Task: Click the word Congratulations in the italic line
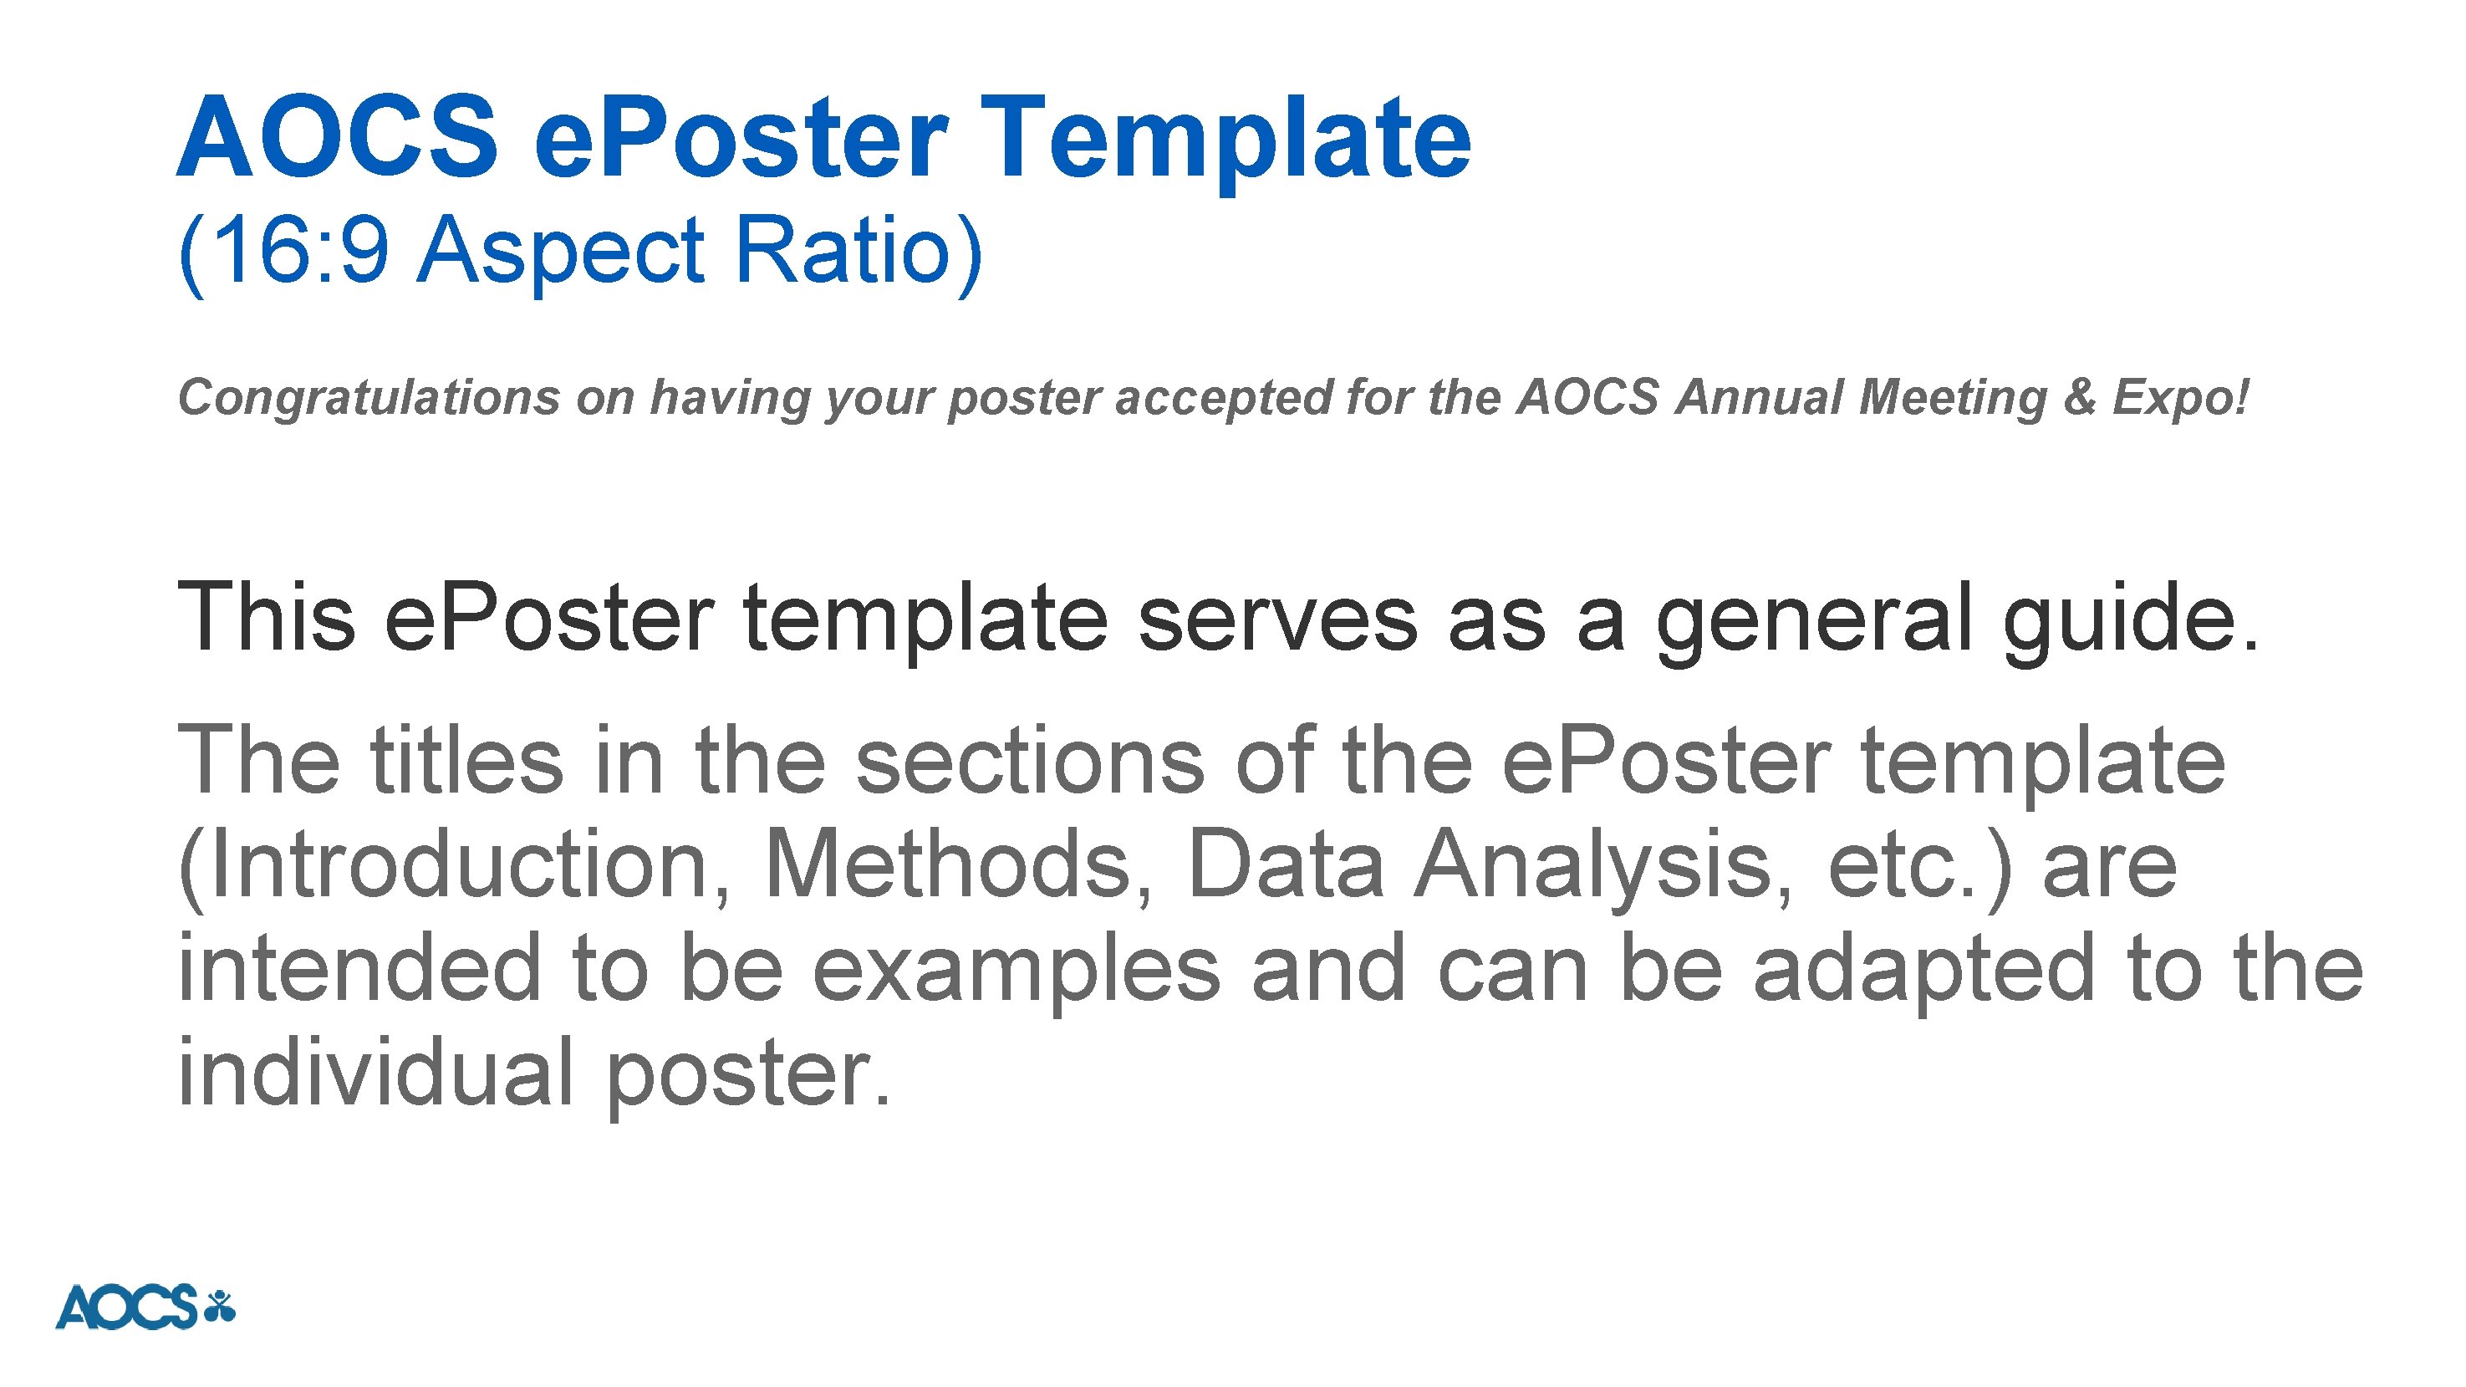pyautogui.click(x=369, y=398)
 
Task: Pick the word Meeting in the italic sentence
pyautogui.click(x=1952, y=398)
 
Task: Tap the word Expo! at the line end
pyautogui.click(x=2180, y=398)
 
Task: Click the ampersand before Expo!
pyautogui.click(x=2078, y=398)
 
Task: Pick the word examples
pyautogui.click(x=1016, y=971)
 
